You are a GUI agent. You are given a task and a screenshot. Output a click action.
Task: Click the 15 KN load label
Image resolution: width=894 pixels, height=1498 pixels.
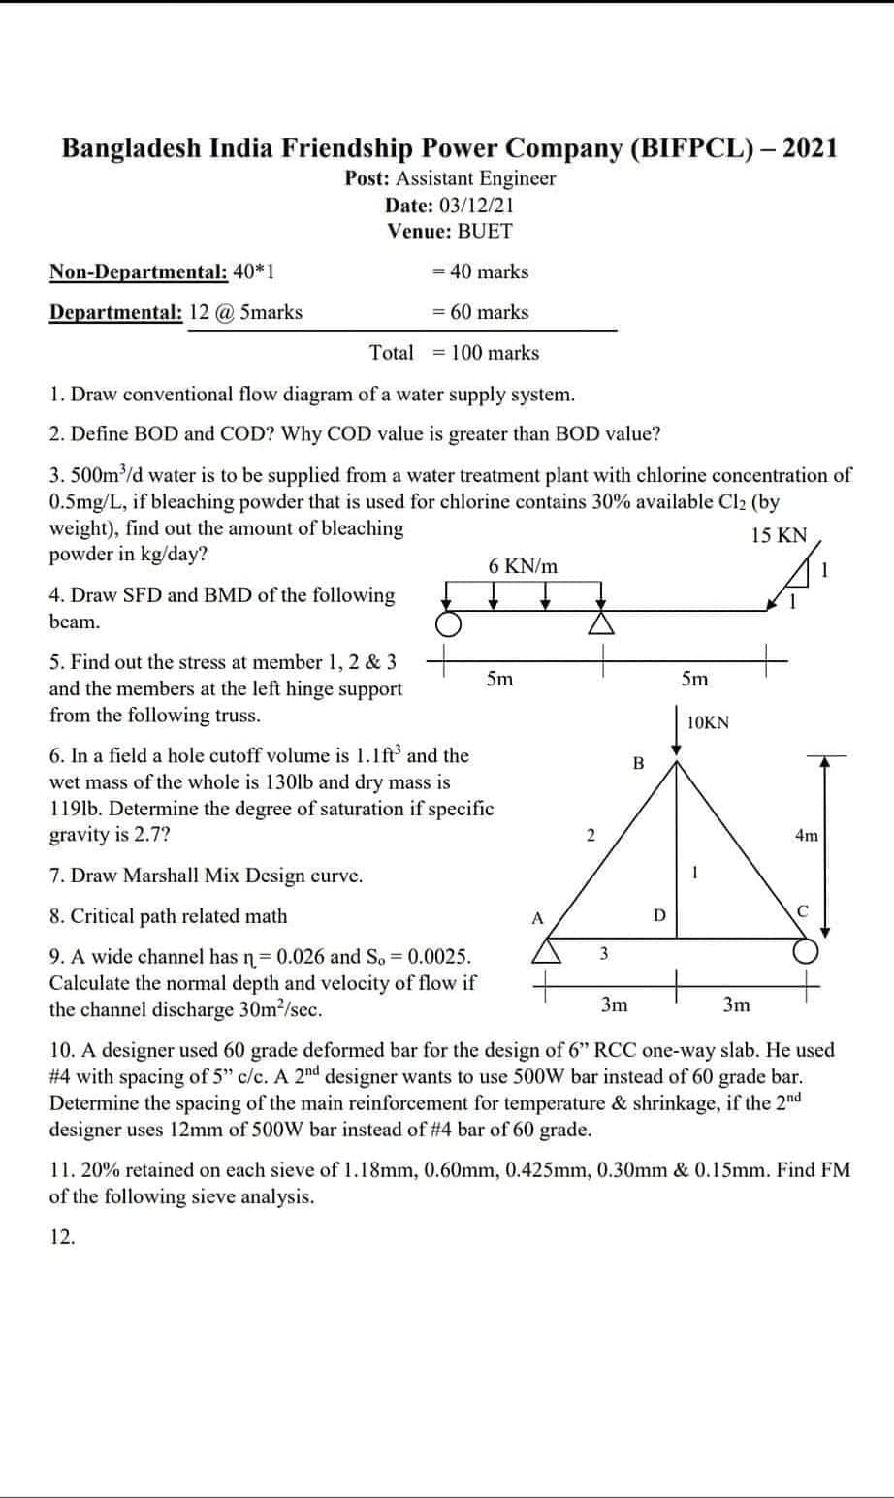pos(779,536)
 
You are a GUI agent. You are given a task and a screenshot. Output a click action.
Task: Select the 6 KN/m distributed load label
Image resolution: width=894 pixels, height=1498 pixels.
pos(524,566)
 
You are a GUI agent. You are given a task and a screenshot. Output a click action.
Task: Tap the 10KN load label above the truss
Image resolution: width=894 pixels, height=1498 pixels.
pos(708,722)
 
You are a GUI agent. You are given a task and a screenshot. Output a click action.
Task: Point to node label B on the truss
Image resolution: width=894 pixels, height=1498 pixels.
pos(638,763)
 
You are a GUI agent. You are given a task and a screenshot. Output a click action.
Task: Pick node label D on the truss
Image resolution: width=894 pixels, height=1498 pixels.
pos(659,914)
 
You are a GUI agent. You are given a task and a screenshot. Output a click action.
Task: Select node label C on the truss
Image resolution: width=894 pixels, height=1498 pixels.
pos(802,909)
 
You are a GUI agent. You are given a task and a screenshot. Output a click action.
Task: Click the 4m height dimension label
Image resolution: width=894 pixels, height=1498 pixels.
pos(806,835)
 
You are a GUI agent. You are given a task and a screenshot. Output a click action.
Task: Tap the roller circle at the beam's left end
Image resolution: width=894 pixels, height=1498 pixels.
pos(447,622)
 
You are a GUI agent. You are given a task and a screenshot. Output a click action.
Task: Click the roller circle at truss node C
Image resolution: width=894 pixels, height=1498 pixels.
pos(808,952)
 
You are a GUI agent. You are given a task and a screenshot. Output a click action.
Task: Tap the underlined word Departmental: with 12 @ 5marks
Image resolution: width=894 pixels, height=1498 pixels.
pos(115,312)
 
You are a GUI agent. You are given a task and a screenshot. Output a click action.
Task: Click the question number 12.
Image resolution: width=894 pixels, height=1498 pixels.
pos(62,1236)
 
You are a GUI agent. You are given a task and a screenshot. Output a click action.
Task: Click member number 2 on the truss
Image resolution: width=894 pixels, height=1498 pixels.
pos(590,835)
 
